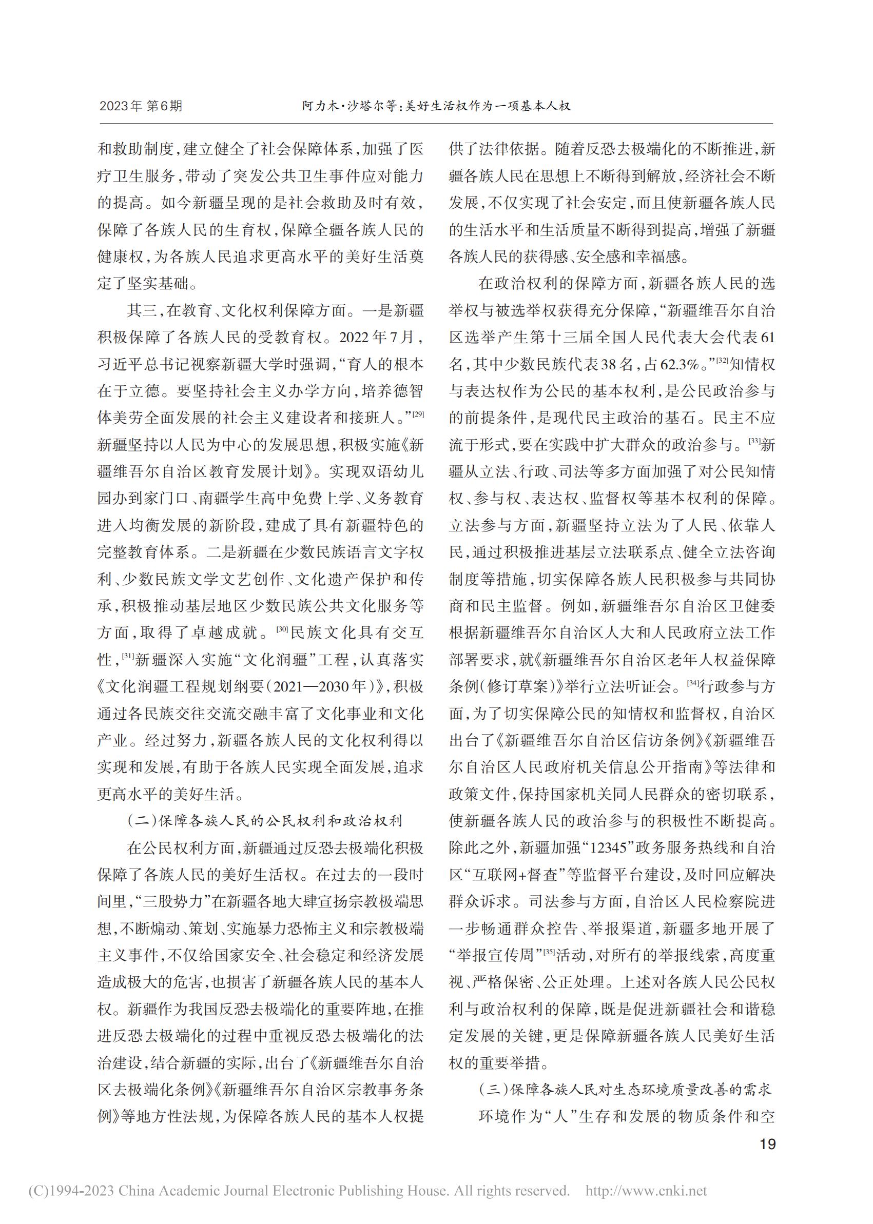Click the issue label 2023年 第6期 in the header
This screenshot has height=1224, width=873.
(141, 106)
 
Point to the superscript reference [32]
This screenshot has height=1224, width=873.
(722, 360)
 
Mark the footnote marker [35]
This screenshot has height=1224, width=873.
(549, 952)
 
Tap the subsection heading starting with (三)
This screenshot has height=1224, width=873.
(625, 1090)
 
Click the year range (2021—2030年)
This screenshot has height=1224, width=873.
(325, 687)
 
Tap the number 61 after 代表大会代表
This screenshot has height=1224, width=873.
(768, 338)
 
